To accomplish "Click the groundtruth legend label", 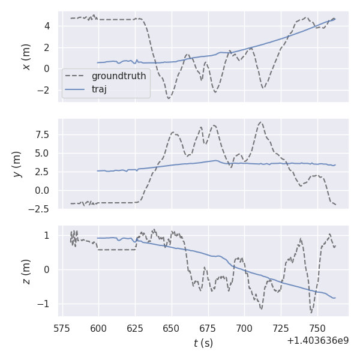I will (119, 76).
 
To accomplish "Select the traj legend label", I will (99, 89).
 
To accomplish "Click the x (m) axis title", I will (26, 56).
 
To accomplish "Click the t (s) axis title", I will (203, 343).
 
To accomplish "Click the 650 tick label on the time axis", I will (172, 329).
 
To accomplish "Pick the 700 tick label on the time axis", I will (244, 329).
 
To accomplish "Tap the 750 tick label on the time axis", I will (317, 329).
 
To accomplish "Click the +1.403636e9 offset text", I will (317, 341).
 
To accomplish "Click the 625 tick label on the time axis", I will (135, 329).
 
